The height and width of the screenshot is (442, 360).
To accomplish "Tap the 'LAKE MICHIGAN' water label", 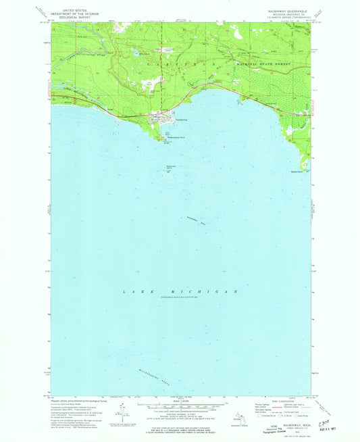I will [181, 291].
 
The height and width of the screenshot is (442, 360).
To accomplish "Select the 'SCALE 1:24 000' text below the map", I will [180, 405].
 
